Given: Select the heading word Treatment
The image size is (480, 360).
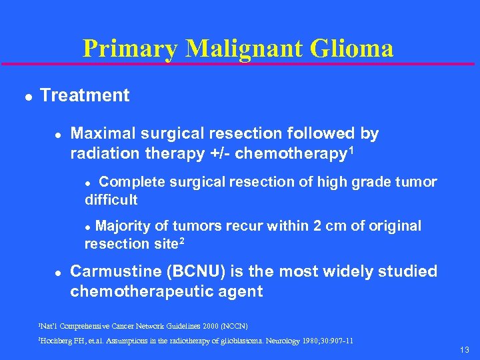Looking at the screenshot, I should click(x=85, y=95).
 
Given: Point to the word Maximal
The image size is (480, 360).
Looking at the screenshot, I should click(x=100, y=133).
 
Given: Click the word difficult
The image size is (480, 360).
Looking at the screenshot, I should click(x=111, y=199).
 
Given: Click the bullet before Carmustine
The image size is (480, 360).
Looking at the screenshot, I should click(x=58, y=272).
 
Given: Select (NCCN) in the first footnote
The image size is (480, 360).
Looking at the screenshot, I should click(x=235, y=326).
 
